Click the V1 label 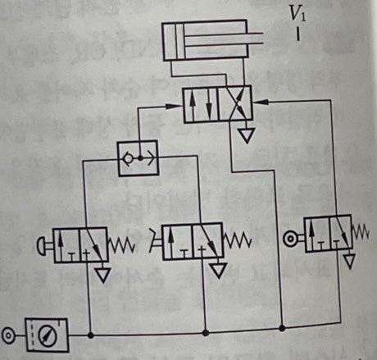[x=298, y=14]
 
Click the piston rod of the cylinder [x=224, y=39]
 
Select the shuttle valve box [x=139, y=158]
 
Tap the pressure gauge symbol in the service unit [x=48, y=335]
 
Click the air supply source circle [x=8, y=335]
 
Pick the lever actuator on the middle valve [x=156, y=240]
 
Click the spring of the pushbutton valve [x=121, y=245]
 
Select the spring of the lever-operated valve [x=238, y=240]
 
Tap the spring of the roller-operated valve [x=361, y=232]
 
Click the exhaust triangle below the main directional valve [x=247, y=135]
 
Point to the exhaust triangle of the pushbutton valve [x=102, y=275]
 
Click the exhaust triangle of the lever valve [x=219, y=271]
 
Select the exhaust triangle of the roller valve [x=349, y=261]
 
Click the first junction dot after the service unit [x=91, y=335]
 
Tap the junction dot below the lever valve [x=206, y=333]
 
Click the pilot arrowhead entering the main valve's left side [x=175, y=106]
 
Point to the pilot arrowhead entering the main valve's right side [x=261, y=102]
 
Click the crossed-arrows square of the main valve [x=235, y=104]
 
